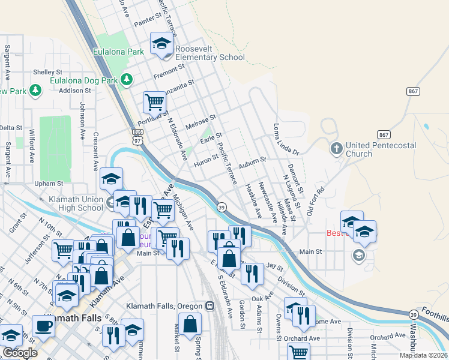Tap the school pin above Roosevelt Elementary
(161, 43)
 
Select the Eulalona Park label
(118, 52)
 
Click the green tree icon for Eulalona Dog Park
(127, 79)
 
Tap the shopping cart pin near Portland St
(154, 104)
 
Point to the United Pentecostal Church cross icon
(336, 147)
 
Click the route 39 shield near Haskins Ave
(221, 207)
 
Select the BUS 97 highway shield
(138, 136)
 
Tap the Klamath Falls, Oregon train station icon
(209, 305)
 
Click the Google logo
(20, 353)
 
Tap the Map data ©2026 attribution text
(423, 355)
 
